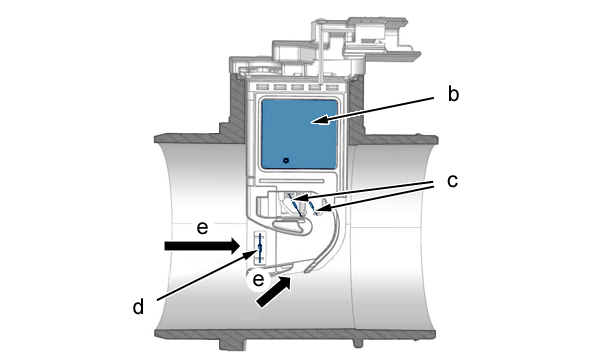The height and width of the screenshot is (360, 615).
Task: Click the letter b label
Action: pos(453,95)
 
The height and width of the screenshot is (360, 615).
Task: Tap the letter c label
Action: pos(452,181)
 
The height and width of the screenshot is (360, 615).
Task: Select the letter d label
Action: pos(138,306)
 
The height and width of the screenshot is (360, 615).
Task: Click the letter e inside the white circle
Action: pos(258,280)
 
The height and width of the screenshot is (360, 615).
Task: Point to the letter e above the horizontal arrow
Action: pos(202,228)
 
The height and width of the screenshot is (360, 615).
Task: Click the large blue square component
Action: pos(299,135)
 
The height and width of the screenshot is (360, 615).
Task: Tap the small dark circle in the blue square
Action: pos(286,160)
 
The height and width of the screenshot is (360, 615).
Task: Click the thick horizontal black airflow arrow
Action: pos(202,246)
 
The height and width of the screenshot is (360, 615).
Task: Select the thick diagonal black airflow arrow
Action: pos(274,291)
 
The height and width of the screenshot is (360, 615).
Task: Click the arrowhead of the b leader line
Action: pos(320,120)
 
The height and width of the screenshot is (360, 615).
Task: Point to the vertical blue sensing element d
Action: pos(259,247)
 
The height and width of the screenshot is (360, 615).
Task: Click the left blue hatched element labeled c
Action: pos(295,204)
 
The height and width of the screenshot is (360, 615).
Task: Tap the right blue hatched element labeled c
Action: pos(314,208)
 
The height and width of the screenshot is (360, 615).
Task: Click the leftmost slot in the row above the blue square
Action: pos(260,87)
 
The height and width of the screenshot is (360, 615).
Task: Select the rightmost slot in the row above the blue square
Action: pos(332,87)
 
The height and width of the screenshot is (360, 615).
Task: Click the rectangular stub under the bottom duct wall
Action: pos(233,344)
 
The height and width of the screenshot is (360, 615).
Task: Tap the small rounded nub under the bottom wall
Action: pos(358,342)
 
